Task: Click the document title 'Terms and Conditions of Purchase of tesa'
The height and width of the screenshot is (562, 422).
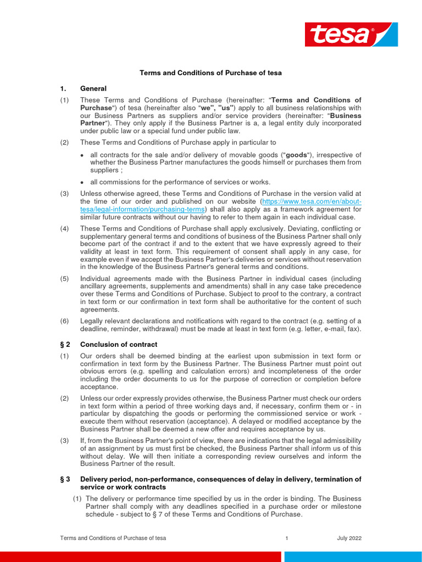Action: click(210, 72)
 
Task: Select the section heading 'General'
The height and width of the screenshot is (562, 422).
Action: click(93, 88)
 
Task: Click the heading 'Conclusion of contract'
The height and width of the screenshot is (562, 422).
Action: click(119, 344)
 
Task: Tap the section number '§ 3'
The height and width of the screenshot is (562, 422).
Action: click(65, 479)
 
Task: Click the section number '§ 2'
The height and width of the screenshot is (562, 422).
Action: click(65, 344)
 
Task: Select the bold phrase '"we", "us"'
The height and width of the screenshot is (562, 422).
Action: click(223, 108)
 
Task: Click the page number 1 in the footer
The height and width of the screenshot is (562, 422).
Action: click(287, 538)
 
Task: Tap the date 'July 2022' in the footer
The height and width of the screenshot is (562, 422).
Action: click(349, 538)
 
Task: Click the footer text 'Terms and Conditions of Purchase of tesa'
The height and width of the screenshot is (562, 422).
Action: click(113, 538)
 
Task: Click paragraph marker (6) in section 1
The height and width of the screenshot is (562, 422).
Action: click(65, 321)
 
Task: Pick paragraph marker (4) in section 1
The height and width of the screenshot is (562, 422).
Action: click(65, 228)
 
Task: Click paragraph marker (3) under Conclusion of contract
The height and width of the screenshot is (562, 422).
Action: click(65, 441)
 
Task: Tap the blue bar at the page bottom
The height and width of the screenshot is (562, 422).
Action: click(352, 557)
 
